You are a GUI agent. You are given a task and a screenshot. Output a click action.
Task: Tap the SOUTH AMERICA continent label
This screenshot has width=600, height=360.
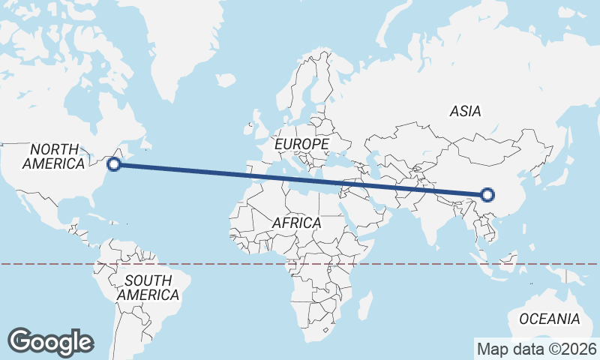tap(148, 287)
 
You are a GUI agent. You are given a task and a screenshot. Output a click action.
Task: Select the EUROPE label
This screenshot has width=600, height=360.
tap(301, 143)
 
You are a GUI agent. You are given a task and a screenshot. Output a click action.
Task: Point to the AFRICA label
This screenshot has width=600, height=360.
tap(296, 223)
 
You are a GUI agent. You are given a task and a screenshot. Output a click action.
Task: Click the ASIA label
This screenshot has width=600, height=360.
tap(465, 111)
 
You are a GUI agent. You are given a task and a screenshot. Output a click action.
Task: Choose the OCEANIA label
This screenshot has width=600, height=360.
tap(549, 319)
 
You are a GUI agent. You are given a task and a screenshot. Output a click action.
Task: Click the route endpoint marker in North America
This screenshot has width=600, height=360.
tap(114, 164)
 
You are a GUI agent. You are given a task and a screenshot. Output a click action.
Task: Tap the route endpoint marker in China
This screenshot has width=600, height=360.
tap(487, 195)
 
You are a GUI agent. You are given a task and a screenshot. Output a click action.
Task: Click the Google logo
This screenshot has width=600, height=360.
tap(50, 342)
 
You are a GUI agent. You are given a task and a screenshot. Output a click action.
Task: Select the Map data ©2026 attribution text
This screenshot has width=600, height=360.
tap(537, 349)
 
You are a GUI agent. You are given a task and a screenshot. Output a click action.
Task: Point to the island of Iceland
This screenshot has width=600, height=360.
tap(225, 79)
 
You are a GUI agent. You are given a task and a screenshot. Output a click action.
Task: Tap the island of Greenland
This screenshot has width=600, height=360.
tap(180, 45)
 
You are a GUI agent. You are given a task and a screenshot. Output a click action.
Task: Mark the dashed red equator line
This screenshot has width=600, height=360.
tap(225, 264)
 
